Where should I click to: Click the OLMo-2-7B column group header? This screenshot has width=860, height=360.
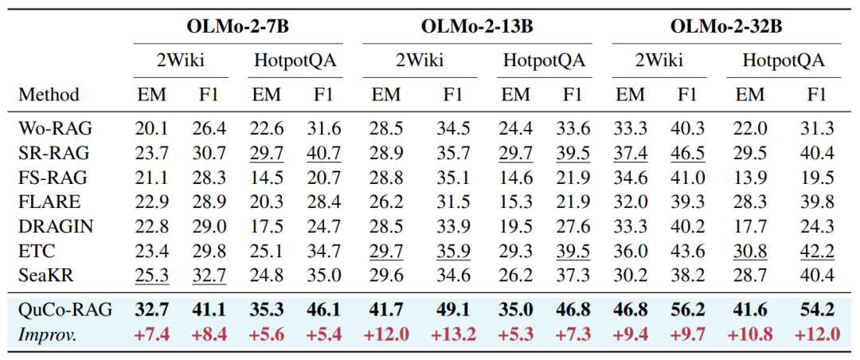(238, 26)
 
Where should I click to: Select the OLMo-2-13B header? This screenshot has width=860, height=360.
(477, 26)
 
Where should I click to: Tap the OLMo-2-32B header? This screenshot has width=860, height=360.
(726, 26)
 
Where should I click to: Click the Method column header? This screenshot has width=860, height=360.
(49, 95)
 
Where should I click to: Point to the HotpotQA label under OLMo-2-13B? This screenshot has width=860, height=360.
(544, 61)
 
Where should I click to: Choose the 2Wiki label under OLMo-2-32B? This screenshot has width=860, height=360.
(659, 61)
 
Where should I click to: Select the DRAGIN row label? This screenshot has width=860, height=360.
(56, 225)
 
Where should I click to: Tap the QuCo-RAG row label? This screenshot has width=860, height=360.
(65, 310)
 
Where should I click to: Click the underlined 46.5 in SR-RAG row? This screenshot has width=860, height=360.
(687, 153)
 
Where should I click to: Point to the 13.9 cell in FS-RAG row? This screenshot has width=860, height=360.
(750, 178)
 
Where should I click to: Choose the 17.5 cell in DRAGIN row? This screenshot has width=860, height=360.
(267, 225)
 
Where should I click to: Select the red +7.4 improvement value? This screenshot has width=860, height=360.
(152, 335)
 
